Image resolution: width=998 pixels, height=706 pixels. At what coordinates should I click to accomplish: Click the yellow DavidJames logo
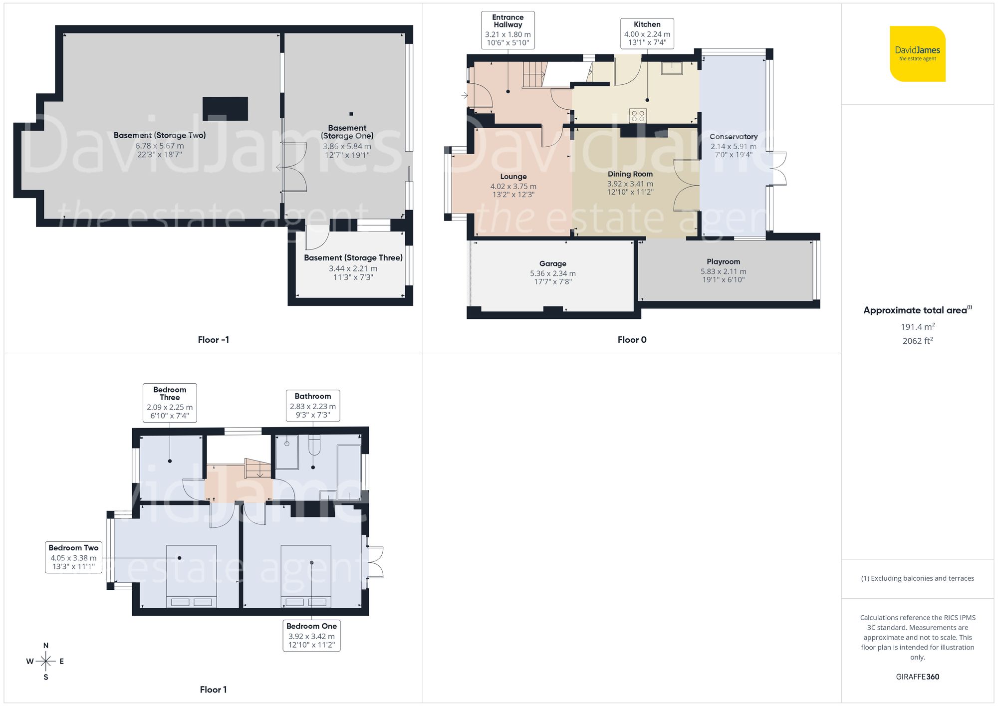click(x=917, y=54)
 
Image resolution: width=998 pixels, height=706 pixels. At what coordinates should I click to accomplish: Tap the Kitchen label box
click(x=647, y=33)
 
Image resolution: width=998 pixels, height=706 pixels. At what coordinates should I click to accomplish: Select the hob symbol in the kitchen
click(x=638, y=116)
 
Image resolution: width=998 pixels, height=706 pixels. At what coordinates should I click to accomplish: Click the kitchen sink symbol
click(x=672, y=68)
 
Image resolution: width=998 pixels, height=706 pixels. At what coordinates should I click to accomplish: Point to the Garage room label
click(x=552, y=264)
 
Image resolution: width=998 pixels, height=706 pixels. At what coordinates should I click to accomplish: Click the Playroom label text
click(x=723, y=262)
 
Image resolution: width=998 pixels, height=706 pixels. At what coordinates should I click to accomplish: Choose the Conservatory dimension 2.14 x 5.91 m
click(x=733, y=147)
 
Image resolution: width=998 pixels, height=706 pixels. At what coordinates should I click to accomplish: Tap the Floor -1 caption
click(x=213, y=340)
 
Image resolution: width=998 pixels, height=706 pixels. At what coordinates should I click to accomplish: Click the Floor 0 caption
click(x=632, y=340)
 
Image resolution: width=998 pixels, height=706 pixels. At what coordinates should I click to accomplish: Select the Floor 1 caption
click(x=213, y=690)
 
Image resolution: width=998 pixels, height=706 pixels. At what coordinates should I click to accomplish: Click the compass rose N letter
click(x=46, y=646)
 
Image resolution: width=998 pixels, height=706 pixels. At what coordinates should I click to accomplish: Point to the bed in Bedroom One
click(x=306, y=576)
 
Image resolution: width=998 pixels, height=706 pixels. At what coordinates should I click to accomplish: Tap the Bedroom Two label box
click(x=73, y=557)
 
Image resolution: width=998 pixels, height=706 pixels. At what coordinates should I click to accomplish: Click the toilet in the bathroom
click(x=314, y=445)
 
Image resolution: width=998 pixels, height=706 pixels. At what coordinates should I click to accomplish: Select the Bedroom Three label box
click(x=170, y=403)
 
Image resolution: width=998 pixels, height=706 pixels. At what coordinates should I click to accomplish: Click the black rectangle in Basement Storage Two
click(x=225, y=109)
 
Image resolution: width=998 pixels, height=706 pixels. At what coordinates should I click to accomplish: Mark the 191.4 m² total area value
click(x=917, y=327)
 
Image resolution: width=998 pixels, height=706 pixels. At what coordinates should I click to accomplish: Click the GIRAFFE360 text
click(x=917, y=677)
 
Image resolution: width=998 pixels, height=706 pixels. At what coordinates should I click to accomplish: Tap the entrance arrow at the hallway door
click(x=465, y=95)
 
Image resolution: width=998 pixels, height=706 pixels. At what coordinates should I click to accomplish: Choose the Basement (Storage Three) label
click(x=353, y=258)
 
